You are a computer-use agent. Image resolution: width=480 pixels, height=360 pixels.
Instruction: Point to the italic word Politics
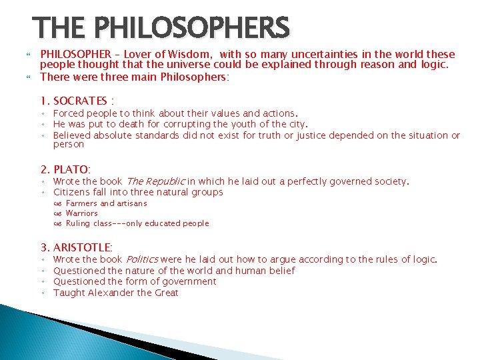[141, 259]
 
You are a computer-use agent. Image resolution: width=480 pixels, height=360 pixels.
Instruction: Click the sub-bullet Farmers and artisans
[106, 203]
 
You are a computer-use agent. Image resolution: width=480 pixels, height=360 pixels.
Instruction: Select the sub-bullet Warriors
[81, 213]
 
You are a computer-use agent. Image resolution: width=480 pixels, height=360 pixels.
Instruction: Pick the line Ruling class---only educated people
[137, 223]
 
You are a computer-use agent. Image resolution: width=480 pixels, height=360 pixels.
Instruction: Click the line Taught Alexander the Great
[115, 293]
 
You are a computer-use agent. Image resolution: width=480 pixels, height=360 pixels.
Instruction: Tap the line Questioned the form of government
[134, 281]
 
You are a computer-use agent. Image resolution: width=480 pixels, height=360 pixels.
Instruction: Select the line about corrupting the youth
[180, 124]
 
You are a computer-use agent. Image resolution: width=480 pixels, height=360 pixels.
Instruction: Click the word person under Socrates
[68, 144]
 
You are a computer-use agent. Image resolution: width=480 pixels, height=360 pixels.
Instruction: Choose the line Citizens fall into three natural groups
[137, 192]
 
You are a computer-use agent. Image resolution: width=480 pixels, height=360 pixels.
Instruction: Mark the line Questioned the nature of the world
[173, 271]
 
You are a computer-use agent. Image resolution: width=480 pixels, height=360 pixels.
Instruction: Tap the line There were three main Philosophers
[134, 77]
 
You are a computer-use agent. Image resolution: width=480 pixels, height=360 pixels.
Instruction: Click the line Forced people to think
[175, 113]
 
